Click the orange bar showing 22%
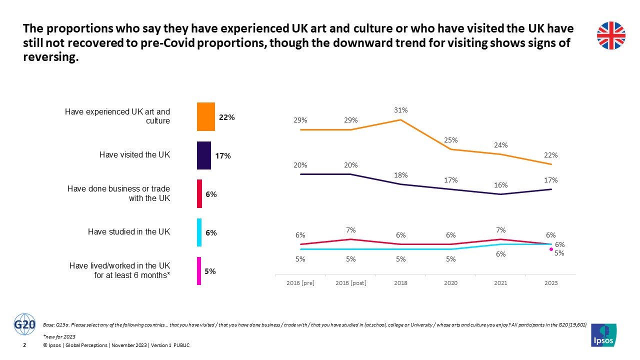point(205,116)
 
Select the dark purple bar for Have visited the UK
point(203,155)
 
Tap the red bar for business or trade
point(199,193)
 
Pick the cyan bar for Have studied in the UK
point(199,232)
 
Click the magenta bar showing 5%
point(199,271)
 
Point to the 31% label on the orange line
point(400,110)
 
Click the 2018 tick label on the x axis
point(400,283)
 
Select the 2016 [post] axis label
point(350,283)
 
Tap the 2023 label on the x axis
point(551,283)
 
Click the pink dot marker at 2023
point(551,248)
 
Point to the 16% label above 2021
point(501,185)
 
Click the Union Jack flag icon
point(611,36)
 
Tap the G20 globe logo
point(25,324)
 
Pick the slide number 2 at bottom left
point(25,345)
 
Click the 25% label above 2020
point(451,140)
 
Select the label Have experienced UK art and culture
point(117,116)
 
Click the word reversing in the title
point(51,57)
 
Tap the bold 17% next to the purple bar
point(223,156)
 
